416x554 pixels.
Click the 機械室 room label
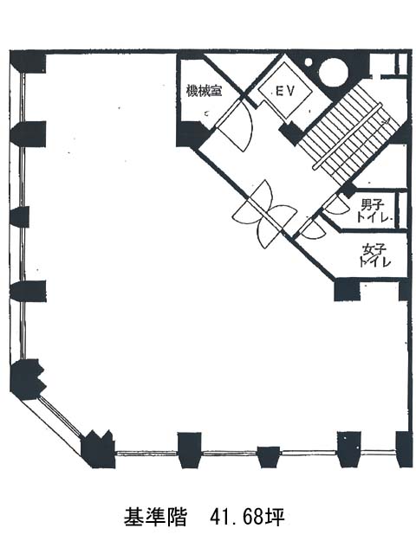pyautogui.click(x=205, y=92)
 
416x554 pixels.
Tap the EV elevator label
pyautogui.click(x=285, y=92)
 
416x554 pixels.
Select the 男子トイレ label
pyautogui.click(x=375, y=211)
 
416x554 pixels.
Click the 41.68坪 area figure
pyautogui.click(x=247, y=518)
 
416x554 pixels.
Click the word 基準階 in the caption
pyautogui.click(x=154, y=518)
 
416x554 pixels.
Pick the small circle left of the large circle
pyautogui.click(x=309, y=62)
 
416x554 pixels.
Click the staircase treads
pyautogui.click(x=348, y=135)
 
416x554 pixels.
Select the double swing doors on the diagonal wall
pyautogui.click(x=264, y=215)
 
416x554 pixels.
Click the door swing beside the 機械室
pyautogui.click(x=235, y=125)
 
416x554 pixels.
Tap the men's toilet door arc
pyautogui.click(x=337, y=206)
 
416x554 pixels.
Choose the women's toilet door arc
pyautogui.click(x=314, y=230)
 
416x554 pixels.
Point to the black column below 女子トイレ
pyautogui.click(x=347, y=290)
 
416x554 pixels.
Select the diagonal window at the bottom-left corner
pyautogui.click(x=60, y=419)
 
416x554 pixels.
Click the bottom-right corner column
pyautogui.click(x=404, y=449)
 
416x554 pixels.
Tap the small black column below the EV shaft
pyautogui.click(x=291, y=132)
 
